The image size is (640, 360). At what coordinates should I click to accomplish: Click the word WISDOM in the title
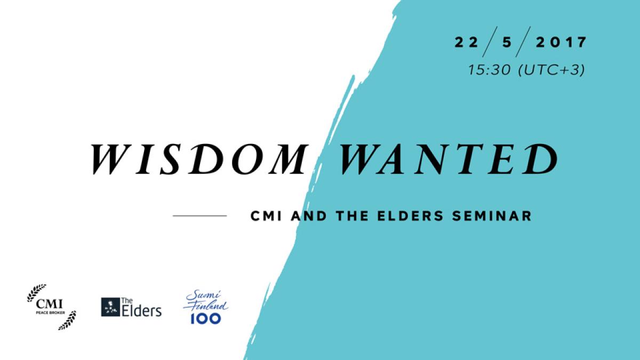[199, 159]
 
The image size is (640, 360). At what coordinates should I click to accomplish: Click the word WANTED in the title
[448, 159]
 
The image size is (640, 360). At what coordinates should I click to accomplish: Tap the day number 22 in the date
[466, 43]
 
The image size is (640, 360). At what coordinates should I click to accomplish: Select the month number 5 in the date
[507, 43]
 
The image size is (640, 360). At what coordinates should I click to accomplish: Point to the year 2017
[561, 43]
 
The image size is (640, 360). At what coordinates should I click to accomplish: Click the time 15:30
[489, 70]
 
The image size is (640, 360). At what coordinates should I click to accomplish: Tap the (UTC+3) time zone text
[551, 70]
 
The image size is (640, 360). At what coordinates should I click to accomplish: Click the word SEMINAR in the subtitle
[492, 216]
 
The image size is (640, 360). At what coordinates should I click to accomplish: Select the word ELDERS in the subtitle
[410, 216]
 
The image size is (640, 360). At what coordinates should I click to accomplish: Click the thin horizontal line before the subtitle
[199, 215]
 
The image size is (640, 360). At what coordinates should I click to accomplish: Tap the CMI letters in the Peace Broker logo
[50, 304]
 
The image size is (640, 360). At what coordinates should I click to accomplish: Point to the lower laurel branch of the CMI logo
[67, 321]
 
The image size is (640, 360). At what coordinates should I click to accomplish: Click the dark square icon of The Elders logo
[110, 307]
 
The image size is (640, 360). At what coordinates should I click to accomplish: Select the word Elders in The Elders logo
[142, 310]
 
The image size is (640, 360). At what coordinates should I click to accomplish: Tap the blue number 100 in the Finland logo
[206, 318]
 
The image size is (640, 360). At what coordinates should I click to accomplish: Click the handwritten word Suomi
[203, 295]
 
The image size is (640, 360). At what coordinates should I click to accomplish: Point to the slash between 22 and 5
[490, 42]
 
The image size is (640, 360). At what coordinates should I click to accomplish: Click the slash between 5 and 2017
[523, 42]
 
